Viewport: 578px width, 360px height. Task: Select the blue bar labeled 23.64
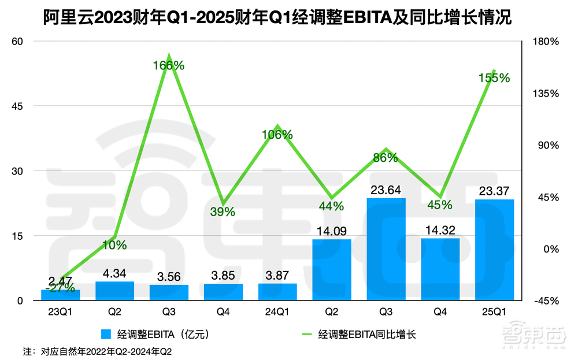[386, 249]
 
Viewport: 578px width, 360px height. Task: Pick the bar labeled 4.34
[115, 291]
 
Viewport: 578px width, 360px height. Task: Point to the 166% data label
[169, 66]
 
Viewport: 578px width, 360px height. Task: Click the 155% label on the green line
[494, 78]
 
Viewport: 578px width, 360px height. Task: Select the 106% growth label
[277, 135]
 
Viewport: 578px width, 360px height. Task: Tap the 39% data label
[223, 211]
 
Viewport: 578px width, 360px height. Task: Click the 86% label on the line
[386, 157]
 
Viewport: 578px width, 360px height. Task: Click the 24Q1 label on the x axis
[277, 312]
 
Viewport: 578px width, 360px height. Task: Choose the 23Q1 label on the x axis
[60, 312]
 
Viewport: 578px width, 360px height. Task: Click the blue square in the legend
[106, 334]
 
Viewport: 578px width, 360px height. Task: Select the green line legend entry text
[367, 334]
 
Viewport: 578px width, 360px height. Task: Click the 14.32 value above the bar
[440, 229]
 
